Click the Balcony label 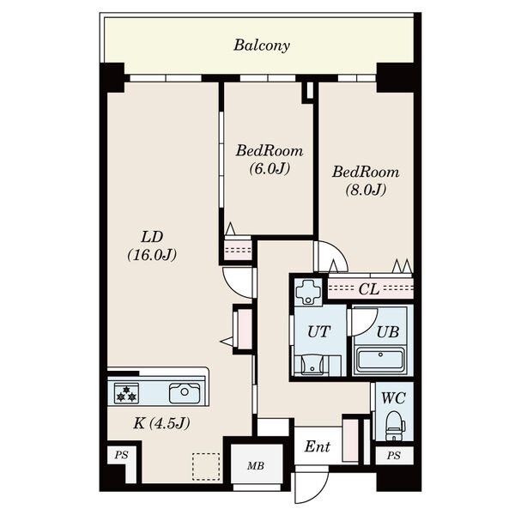pos(262,45)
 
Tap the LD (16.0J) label pos(152,245)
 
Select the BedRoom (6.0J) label pos(270,160)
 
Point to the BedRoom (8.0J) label pos(366,181)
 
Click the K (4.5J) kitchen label pos(161,423)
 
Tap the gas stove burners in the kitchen pos(126,393)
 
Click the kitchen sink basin pos(185,393)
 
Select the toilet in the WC pos(395,426)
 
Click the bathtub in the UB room pos(380,360)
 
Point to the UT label pos(318,331)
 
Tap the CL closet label pos(369,289)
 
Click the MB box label pos(256,466)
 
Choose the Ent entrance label pos(318,446)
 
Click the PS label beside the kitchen pos(121,455)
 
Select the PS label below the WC pos(393,456)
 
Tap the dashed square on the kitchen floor pos(206,467)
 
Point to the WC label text pos(393,398)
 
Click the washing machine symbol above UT pos(309,291)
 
